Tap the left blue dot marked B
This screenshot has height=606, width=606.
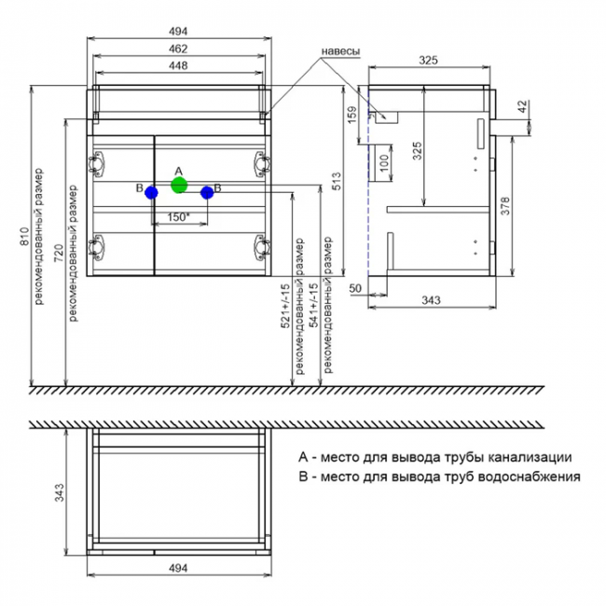pyautogui.click(x=151, y=192)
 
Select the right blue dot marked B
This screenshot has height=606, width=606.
pyautogui.click(x=207, y=192)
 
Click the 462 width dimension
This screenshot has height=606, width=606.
pyautogui.click(x=179, y=48)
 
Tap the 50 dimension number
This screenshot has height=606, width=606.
pyautogui.click(x=355, y=288)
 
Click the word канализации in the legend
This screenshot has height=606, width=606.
pyautogui.click(x=523, y=458)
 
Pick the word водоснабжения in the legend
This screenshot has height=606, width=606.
pyautogui.click(x=528, y=475)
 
